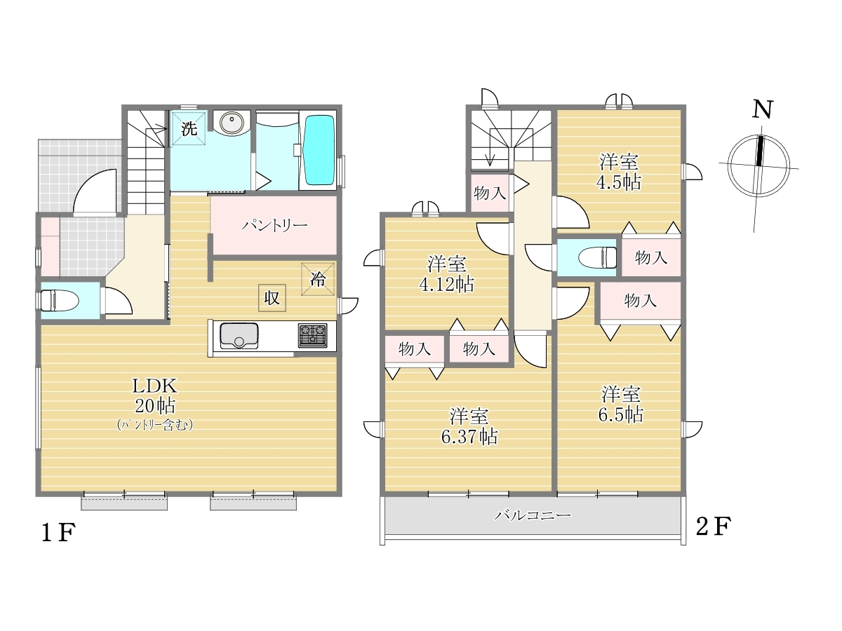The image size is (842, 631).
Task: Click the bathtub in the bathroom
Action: [319, 151]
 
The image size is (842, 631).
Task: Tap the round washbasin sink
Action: [232, 123]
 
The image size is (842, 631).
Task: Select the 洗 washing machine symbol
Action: [189, 128]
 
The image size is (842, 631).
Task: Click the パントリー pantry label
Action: [274, 225]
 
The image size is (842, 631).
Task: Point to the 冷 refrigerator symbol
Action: [318, 279]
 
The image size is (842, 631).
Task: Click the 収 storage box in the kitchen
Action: [272, 298]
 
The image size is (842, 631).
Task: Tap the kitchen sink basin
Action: [239, 336]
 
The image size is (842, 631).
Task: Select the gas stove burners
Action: [313, 336]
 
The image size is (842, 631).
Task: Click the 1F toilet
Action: [59, 300]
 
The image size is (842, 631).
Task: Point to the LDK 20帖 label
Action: [154, 395]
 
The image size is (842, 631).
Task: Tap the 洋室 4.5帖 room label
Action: [618, 172]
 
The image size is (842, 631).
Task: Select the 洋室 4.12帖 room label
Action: [447, 274]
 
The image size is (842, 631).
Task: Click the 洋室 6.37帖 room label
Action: [469, 426]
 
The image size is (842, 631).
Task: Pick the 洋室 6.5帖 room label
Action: [621, 405]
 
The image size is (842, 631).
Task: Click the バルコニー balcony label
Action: [533, 515]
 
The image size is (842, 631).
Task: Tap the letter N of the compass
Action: [762, 109]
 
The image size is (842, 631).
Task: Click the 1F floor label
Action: [58, 533]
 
